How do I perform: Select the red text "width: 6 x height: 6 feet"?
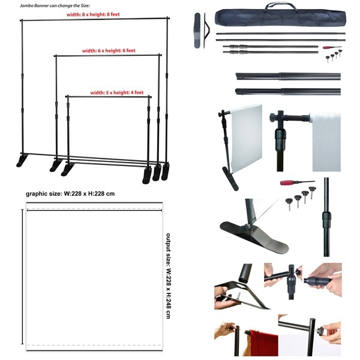(x=109, y=51)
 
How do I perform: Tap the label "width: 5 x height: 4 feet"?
(x=117, y=93)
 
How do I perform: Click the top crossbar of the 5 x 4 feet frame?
(x=108, y=96)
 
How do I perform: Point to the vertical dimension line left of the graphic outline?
(x=23, y=276)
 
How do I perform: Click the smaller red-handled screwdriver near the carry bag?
(x=331, y=47)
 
